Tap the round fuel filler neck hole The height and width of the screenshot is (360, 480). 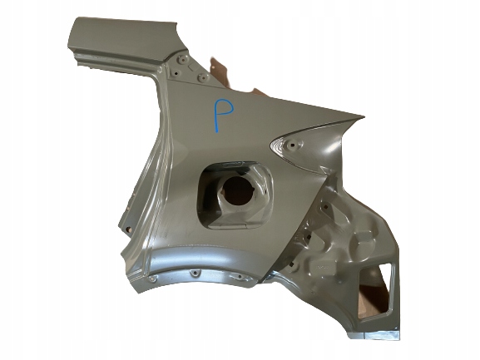click(238, 191)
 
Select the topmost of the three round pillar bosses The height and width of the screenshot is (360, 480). click(183, 59)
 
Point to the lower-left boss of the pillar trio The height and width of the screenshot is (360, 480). click(176, 73)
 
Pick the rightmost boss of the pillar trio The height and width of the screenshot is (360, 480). click(204, 77)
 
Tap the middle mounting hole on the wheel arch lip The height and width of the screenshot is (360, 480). click(195, 272)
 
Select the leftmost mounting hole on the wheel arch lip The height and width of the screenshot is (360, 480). click(152, 279)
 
